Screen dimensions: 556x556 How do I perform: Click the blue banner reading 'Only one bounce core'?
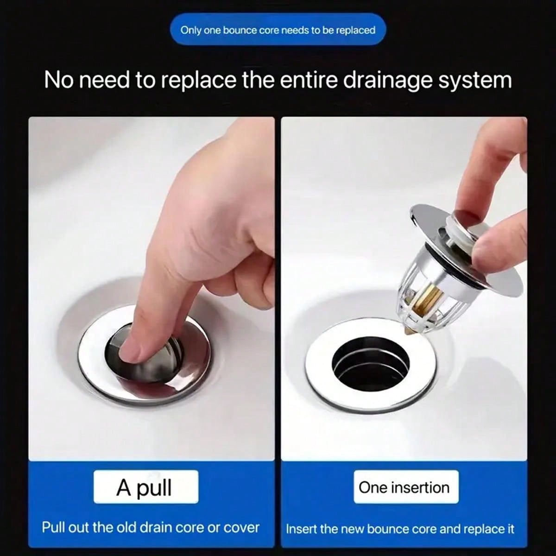click(278, 30)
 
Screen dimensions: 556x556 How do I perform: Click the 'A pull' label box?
click(145, 487)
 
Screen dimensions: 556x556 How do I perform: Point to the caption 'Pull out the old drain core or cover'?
click(151, 527)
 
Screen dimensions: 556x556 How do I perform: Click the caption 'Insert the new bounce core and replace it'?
click(400, 529)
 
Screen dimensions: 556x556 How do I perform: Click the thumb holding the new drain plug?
click(498, 241)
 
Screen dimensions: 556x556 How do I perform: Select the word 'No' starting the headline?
click(59, 80)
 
